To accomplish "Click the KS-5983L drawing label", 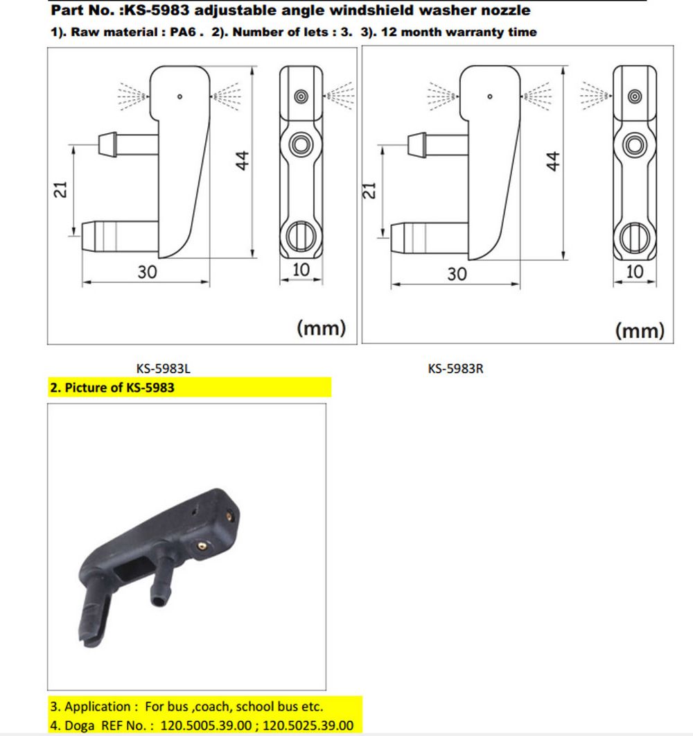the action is pyautogui.click(x=163, y=368).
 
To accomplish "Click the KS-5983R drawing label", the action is pyautogui.click(x=455, y=368).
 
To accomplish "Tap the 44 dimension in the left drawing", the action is pyautogui.click(x=242, y=160).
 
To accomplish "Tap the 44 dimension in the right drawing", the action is pyautogui.click(x=553, y=161).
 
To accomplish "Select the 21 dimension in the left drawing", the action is pyautogui.click(x=61, y=189).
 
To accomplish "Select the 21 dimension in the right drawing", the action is pyautogui.click(x=369, y=191).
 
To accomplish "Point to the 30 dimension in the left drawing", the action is pyautogui.click(x=147, y=272).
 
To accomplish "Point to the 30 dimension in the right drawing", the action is pyautogui.click(x=457, y=274).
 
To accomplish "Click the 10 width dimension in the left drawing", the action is pyautogui.click(x=301, y=269).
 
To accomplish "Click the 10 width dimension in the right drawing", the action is pyautogui.click(x=635, y=271).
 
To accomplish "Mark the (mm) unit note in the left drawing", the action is pyautogui.click(x=321, y=327).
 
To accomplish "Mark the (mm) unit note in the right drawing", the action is pyautogui.click(x=640, y=330).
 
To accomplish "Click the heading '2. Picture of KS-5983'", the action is pyautogui.click(x=112, y=388).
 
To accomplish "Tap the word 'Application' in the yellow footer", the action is pyautogui.click(x=98, y=707).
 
